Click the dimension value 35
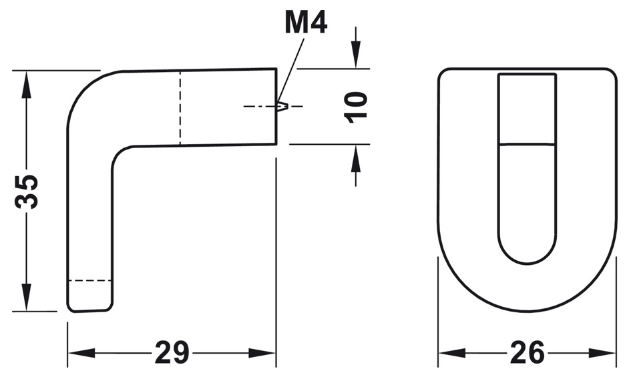point(27,192)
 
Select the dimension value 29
point(172,352)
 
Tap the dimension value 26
point(527,352)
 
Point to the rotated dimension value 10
point(357,105)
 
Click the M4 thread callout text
point(305,23)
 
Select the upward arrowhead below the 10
point(357,154)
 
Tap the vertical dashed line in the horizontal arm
point(179,107)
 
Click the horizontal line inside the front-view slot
point(528,143)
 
